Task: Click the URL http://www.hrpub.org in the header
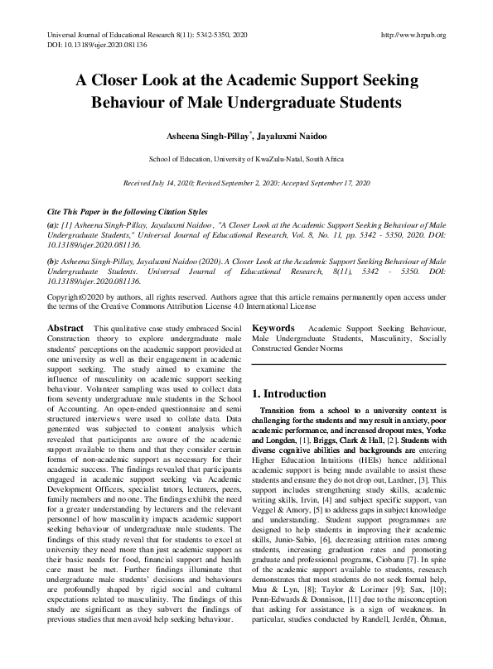pyautogui.click(x=413, y=35)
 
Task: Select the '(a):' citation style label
pyautogui.click(x=54, y=224)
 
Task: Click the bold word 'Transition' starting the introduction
pyautogui.click(x=283, y=411)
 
